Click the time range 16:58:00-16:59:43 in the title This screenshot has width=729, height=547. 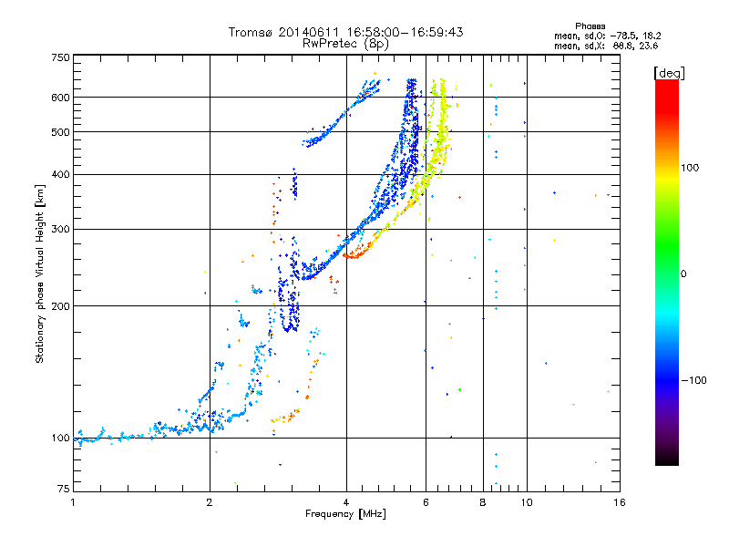[405, 32]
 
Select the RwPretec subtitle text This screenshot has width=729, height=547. [330, 43]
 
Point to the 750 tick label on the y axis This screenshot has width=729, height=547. [60, 57]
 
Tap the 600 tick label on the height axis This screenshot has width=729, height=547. [60, 98]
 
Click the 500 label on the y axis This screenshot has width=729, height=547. [60, 132]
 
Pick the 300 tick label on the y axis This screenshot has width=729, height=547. [60, 229]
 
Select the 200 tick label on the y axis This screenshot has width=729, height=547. [60, 306]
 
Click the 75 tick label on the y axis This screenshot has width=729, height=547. [64, 489]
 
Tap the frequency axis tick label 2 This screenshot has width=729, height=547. [210, 502]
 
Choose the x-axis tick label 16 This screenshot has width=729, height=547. [620, 502]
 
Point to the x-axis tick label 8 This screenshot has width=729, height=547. [483, 502]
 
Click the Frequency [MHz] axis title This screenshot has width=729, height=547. [346, 514]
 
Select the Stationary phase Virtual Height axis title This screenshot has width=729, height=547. [40, 274]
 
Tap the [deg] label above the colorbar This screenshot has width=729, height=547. [670, 73]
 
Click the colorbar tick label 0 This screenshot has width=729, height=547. [683, 273]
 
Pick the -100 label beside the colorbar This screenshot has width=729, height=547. [694, 380]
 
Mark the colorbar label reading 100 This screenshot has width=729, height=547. [690, 168]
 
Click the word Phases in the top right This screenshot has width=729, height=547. [590, 26]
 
